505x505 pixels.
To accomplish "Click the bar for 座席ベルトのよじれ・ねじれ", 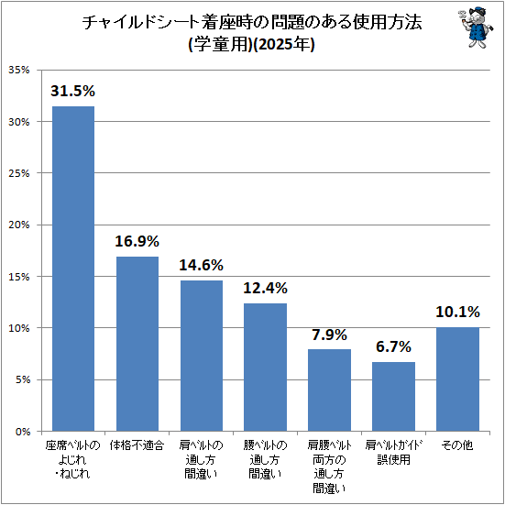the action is click(x=73, y=269).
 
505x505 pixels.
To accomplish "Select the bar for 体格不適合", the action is click(x=137, y=344).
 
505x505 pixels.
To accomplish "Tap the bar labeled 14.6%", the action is click(x=202, y=356).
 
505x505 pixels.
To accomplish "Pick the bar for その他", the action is click(x=457, y=379).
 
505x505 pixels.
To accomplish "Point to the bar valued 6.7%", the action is click(x=393, y=397).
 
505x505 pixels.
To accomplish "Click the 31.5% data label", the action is click(x=72, y=91).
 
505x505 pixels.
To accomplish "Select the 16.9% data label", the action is click(x=137, y=241).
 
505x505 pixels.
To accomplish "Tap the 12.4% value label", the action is click(x=265, y=288).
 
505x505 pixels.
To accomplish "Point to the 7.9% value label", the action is click(x=329, y=335).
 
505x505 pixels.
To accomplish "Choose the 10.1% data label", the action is click(x=457, y=313).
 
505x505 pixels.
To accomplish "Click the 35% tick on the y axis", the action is click(x=19, y=70).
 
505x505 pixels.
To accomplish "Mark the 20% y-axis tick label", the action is click(x=19, y=225).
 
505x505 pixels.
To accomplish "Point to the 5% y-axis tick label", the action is click(x=22, y=379).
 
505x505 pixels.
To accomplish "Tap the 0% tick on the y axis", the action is click(x=22, y=432).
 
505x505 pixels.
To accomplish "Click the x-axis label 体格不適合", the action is click(x=137, y=445).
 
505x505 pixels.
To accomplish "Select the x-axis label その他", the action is click(x=457, y=445).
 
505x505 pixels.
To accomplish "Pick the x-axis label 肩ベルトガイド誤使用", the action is click(x=393, y=453).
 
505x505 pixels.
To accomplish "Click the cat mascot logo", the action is click(x=475, y=29).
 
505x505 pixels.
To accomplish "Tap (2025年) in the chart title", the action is click(x=283, y=45).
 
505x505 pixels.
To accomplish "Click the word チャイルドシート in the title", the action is click(x=140, y=23).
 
